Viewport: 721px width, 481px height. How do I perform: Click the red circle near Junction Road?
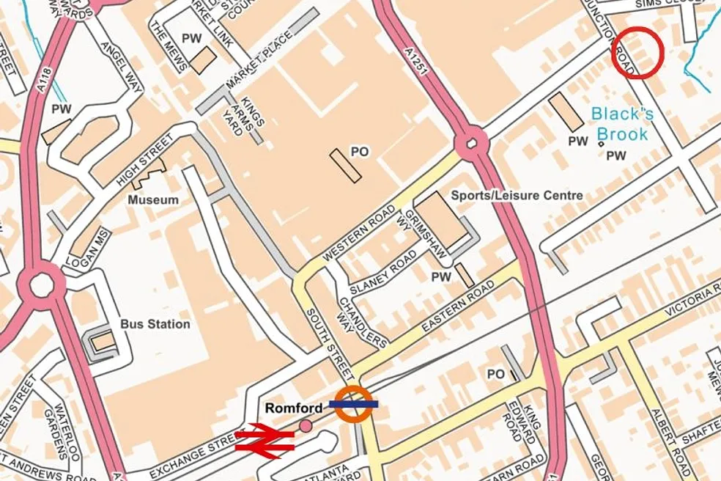[637, 52]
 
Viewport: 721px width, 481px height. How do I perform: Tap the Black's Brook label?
[621, 124]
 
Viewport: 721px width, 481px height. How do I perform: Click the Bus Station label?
[155, 324]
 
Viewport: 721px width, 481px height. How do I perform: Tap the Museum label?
[153, 199]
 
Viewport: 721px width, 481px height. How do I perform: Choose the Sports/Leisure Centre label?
[517, 196]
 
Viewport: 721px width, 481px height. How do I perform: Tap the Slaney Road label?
[382, 273]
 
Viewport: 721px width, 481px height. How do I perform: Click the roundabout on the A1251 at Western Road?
[471, 142]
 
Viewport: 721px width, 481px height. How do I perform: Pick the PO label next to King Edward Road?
[496, 374]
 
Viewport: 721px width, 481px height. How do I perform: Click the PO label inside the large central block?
[359, 152]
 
